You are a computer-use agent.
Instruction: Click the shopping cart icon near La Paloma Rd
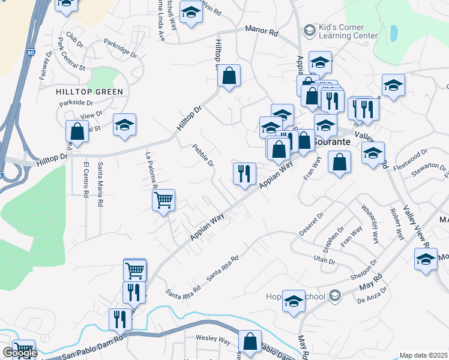coord(163,200)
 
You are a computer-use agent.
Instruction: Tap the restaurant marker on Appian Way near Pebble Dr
coord(244,174)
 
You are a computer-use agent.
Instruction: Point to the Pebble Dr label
coord(203,155)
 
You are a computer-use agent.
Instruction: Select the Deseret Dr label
coord(312,223)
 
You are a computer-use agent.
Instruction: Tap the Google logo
coord(20,353)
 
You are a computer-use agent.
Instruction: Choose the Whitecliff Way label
coord(370,224)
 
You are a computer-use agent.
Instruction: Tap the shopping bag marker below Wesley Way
coord(249,343)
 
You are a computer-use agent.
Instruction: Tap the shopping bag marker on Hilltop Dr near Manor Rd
coord(229,76)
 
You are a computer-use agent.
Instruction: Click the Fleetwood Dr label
coord(411,157)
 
